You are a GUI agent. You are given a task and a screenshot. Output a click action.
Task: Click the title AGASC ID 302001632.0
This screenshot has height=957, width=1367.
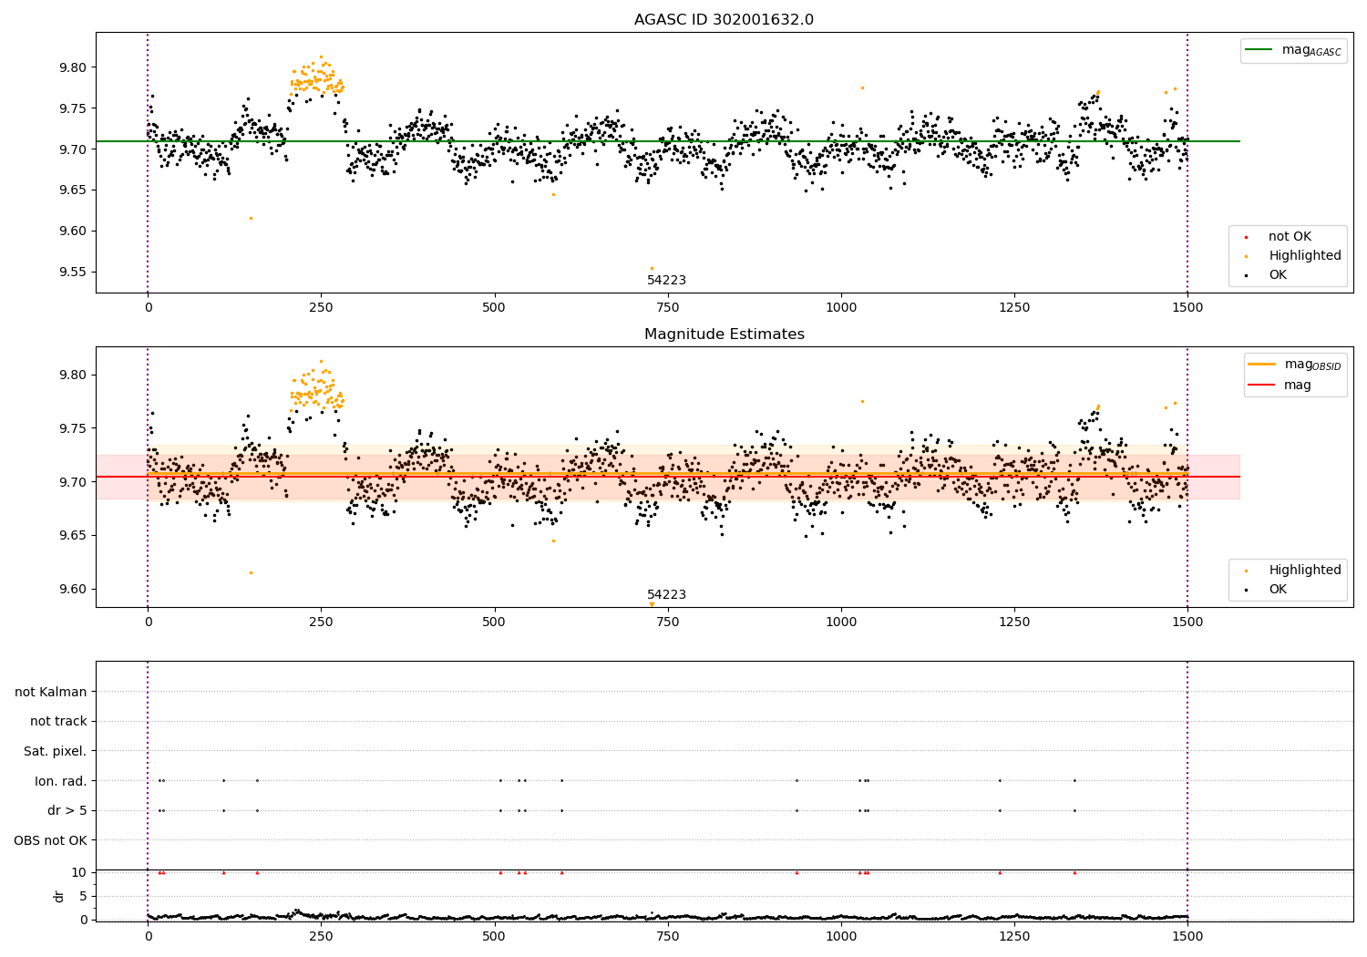click(724, 20)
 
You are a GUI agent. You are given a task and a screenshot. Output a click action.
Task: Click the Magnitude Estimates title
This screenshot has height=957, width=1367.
click(724, 334)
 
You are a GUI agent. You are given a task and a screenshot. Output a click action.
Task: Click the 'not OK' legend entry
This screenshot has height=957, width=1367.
click(1290, 237)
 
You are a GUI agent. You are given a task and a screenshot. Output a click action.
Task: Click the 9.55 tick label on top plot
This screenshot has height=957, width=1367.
click(72, 273)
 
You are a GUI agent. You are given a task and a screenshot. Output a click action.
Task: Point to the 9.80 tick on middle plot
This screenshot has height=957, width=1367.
click(72, 376)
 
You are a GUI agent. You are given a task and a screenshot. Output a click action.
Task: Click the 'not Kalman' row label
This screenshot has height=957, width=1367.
click(51, 692)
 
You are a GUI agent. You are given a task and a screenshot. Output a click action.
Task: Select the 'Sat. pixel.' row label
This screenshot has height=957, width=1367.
click(55, 752)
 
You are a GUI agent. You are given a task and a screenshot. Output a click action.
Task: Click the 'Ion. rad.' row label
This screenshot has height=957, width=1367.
click(60, 781)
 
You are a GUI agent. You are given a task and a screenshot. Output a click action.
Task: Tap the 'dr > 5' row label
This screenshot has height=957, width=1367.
click(67, 811)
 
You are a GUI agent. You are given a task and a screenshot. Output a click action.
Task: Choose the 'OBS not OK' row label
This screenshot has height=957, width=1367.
click(50, 840)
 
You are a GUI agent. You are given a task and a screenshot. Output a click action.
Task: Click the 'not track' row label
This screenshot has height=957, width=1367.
click(58, 722)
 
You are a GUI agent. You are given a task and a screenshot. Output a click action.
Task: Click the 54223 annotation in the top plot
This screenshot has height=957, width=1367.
click(666, 281)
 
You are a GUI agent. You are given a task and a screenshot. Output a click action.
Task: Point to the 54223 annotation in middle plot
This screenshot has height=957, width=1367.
click(666, 595)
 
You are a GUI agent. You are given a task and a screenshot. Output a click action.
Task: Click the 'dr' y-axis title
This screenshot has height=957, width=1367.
click(59, 896)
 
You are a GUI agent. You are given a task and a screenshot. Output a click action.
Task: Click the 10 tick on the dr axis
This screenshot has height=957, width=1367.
click(78, 872)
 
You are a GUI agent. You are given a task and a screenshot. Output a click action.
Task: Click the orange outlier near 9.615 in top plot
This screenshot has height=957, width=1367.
click(251, 218)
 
